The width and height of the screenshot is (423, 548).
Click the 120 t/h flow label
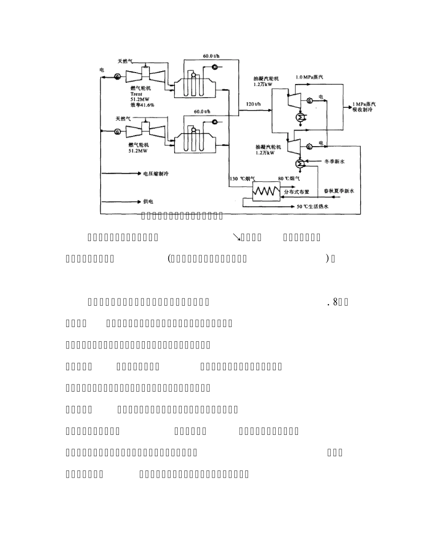253,104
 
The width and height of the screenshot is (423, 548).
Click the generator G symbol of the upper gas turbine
117,77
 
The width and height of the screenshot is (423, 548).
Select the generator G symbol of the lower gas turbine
117,131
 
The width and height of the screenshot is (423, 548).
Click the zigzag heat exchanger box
267,192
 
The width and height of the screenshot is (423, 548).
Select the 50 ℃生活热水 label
308,206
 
